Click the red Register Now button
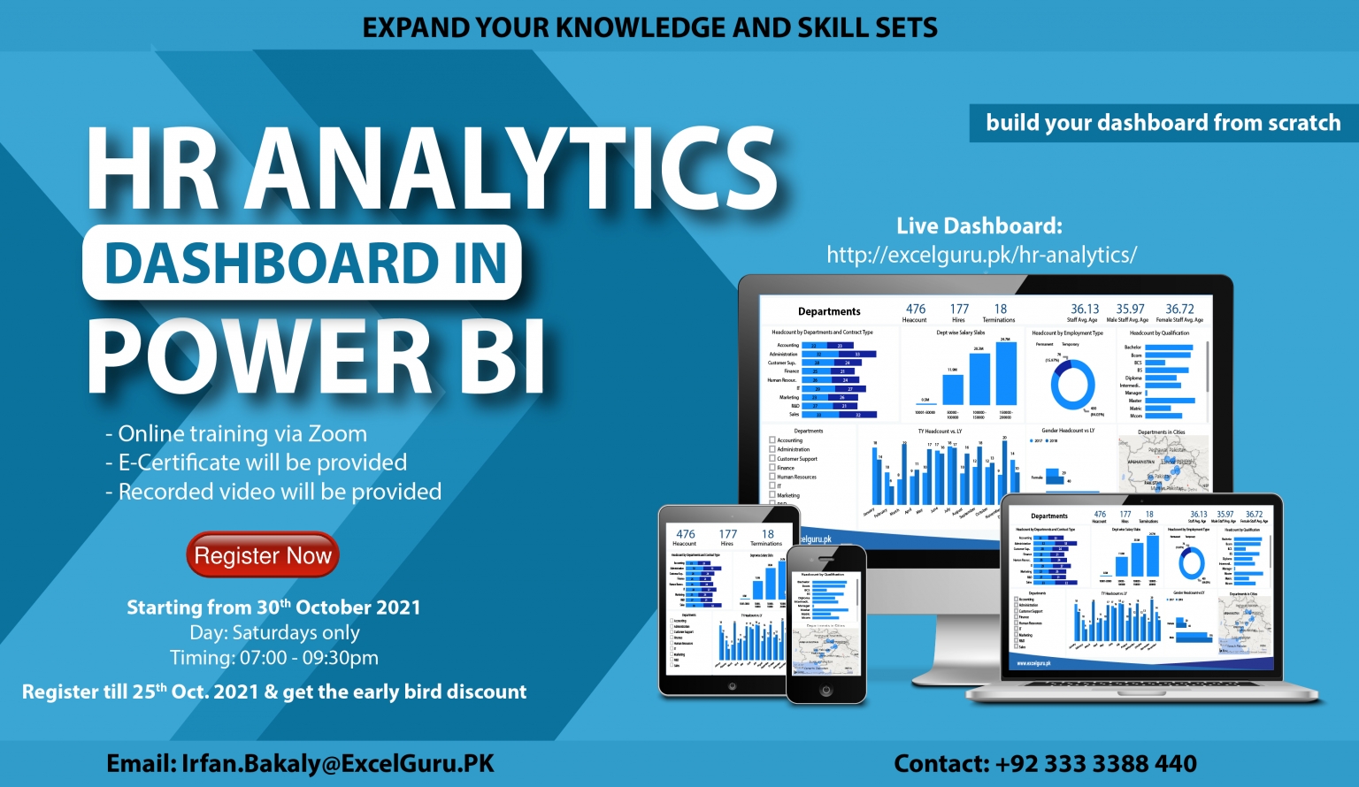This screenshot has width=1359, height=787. coord(263,555)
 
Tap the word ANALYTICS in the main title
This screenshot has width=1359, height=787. coord(511,170)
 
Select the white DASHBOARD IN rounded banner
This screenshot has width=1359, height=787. coord(302,263)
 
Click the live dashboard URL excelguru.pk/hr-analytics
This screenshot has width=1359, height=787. coord(981,255)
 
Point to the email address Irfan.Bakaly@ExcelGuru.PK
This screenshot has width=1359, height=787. coord(337,763)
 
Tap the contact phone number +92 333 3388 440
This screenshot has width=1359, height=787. coord(1095,763)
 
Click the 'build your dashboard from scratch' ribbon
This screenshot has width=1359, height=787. coord(1163,122)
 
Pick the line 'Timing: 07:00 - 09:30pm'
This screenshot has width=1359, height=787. coord(274,658)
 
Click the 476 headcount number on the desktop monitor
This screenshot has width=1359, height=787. coord(915,309)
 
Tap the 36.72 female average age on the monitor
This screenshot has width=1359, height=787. coord(1179,309)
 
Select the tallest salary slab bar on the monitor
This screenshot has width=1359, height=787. coord(1005,373)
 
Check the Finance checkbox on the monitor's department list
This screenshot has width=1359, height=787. coord(772,468)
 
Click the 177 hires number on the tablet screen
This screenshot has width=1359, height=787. coord(727,534)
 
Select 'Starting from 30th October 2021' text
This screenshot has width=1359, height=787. coord(273,607)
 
